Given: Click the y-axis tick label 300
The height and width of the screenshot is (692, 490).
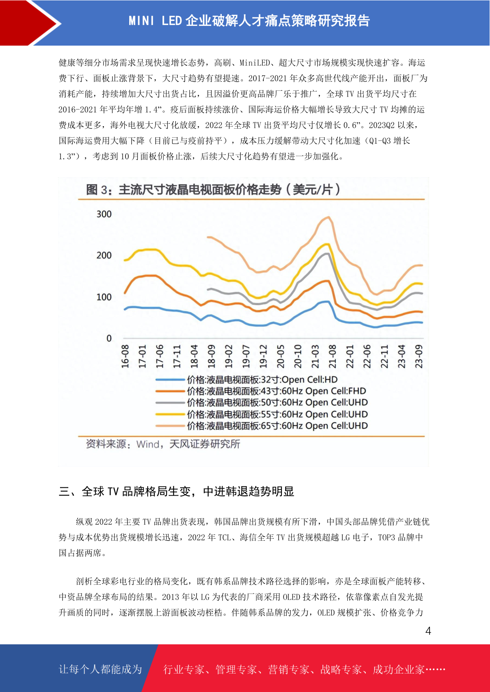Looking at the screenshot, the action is click(104, 214).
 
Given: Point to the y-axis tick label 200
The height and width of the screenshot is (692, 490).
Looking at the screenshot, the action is click(104, 256).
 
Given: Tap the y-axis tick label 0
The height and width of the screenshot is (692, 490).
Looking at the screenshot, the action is click(109, 338).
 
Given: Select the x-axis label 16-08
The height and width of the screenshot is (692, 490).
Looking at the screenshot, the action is click(125, 357).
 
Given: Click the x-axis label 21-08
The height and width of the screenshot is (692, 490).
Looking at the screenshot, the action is click(332, 357).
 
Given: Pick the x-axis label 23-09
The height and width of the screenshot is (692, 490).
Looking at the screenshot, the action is click(418, 357).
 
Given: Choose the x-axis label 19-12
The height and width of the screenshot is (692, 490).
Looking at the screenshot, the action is click(263, 357).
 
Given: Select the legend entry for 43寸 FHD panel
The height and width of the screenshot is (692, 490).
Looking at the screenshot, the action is click(261, 391).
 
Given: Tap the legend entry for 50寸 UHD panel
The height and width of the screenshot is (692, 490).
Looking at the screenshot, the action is click(262, 403).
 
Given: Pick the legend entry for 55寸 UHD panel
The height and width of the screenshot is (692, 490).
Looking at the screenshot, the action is click(262, 414).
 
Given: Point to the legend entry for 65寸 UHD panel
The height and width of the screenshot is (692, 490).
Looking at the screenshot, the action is click(262, 426).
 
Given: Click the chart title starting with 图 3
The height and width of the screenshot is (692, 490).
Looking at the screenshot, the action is click(213, 189).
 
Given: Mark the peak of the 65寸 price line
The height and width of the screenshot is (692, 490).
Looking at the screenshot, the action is click(328, 217).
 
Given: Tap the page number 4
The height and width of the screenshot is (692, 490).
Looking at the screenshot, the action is click(428, 630).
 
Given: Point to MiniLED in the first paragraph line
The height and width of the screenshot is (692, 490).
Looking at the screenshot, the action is click(255, 63).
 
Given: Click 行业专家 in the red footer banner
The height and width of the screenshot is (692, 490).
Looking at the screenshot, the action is click(184, 669).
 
